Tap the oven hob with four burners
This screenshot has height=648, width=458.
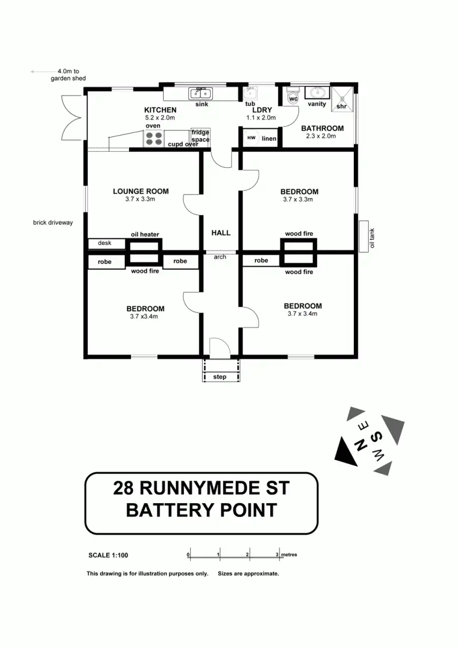(x=153, y=138)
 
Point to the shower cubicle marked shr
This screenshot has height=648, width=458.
(x=342, y=98)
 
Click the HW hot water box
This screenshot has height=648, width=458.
(x=251, y=138)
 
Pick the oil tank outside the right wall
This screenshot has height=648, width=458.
(x=362, y=236)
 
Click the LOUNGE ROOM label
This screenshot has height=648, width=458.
(x=141, y=191)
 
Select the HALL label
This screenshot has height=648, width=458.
(x=221, y=233)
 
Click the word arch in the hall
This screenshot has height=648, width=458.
(x=220, y=257)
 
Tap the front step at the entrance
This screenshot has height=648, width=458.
(x=220, y=377)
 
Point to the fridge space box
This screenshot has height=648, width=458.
(x=200, y=136)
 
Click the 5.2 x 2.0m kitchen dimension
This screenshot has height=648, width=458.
(x=160, y=117)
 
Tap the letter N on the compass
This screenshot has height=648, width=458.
(x=356, y=447)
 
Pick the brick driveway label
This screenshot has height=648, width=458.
(x=53, y=223)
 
